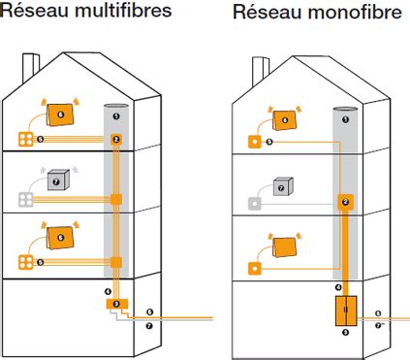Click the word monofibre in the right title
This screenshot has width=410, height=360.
coord(334,13)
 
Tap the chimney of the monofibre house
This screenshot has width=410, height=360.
coord(261,70)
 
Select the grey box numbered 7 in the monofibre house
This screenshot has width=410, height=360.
coord(282,186)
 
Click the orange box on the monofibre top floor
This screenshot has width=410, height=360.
coord(284,120)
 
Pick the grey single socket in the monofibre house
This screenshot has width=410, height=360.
coord(255,204)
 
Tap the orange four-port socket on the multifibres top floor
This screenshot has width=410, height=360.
coord(26,140)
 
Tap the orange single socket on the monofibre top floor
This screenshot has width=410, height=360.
coord(255,142)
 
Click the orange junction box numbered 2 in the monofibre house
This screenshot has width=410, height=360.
coord(344,203)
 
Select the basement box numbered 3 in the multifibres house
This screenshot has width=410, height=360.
coord(116,305)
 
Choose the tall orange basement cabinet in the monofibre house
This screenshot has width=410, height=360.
coord(344,311)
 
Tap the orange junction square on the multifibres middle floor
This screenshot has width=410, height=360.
coord(116,201)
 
